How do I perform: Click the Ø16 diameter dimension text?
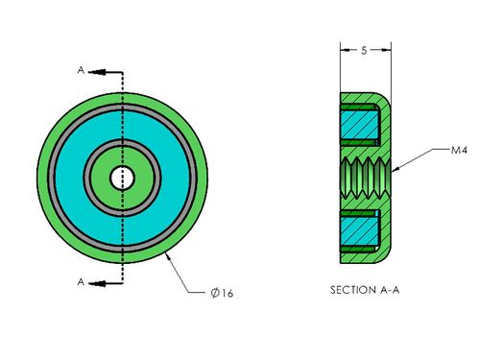(222, 293)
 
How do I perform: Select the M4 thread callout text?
(459, 150)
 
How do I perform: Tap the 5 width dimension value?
(364, 50)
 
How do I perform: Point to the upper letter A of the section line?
(81, 70)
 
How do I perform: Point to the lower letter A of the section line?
(81, 282)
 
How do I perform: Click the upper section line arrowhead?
(97, 72)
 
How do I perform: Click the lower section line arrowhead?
(97, 283)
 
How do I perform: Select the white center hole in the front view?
(122, 178)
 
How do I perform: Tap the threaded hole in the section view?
(366, 178)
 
